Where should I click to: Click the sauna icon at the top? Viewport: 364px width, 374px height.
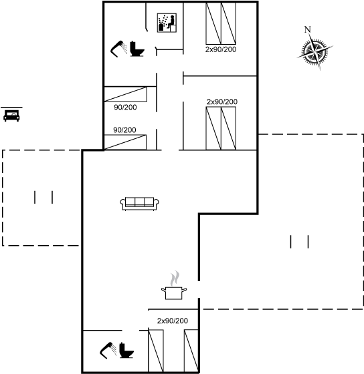tap(167, 23)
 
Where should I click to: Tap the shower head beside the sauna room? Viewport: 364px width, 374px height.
tap(119, 49)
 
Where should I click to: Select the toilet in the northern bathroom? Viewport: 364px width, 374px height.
tap(137, 49)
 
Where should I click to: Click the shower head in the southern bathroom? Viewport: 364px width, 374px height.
tap(108, 351)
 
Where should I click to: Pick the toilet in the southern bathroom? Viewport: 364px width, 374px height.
tap(126, 350)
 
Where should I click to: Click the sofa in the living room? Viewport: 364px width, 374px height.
tap(140, 204)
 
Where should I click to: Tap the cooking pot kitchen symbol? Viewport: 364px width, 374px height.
tap(174, 293)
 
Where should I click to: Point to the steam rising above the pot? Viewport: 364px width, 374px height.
tap(175, 278)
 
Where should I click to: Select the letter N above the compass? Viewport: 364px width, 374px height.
tap(308, 29)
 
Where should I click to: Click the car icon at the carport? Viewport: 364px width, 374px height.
tap(11, 116)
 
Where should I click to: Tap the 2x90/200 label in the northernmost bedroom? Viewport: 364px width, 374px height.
tap(221, 49)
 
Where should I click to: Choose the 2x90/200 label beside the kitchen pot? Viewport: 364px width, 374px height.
tap(173, 321)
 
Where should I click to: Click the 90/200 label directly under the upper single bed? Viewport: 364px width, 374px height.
tap(125, 108)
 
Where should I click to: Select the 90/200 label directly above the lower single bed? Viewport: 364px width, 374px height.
tap(124, 130)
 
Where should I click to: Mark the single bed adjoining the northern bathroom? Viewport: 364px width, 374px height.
tap(126, 94)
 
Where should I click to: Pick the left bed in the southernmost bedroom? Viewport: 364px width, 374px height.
tap(156, 351)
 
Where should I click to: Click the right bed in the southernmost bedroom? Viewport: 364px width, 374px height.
tap(191, 351)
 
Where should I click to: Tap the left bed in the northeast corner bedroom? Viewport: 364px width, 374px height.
tap(213, 23)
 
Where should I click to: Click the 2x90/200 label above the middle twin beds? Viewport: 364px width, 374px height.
tap(222, 102)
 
